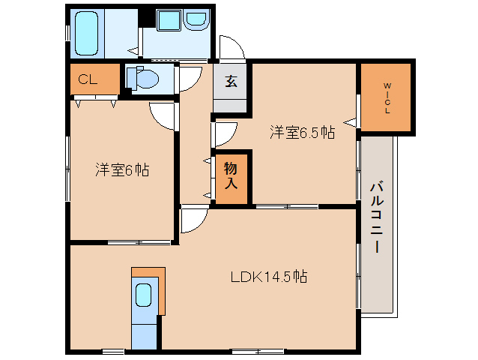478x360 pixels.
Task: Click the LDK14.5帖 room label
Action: click(x=267, y=277)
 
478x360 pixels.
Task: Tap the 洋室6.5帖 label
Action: click(x=302, y=133)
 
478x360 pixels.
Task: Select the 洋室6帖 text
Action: click(x=121, y=170)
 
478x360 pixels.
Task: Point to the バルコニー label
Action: click(x=376, y=217)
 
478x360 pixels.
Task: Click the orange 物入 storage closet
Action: click(x=232, y=177)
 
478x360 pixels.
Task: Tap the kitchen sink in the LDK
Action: click(x=144, y=295)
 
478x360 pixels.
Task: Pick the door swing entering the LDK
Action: click(x=193, y=220)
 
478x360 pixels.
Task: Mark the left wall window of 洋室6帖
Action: click(x=68, y=169)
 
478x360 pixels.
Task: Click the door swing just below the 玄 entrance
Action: click(x=225, y=133)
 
